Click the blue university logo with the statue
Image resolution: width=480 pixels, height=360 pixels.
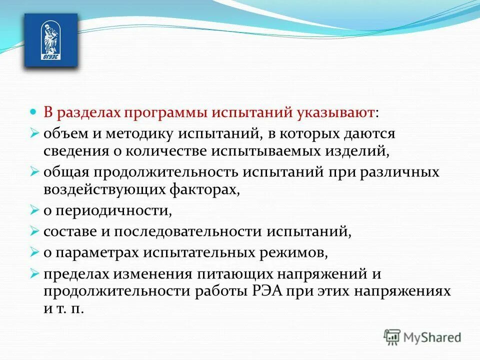pyautogui.click(x=51, y=40)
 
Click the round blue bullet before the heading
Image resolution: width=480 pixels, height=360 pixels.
pyautogui.click(x=33, y=111)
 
